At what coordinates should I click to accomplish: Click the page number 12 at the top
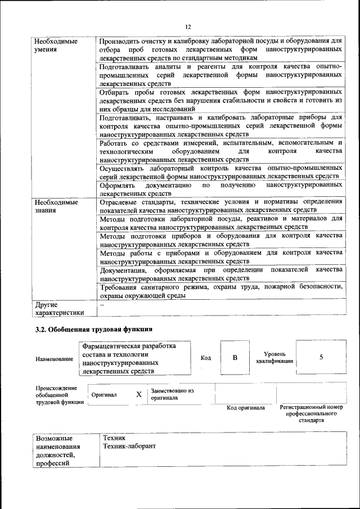pyautogui.click(x=188, y=26)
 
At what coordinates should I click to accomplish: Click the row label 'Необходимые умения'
pyautogui.click(x=56, y=46)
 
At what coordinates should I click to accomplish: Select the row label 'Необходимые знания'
pyautogui.click(x=56, y=206)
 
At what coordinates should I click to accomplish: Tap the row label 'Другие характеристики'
pyautogui.click(x=59, y=308)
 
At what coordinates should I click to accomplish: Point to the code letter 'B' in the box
pyautogui.click(x=235, y=358)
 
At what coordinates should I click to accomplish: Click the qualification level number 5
pyautogui.click(x=321, y=358)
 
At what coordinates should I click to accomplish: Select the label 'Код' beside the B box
pyautogui.click(x=206, y=358)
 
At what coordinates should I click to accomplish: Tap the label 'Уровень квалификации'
pyautogui.click(x=274, y=358)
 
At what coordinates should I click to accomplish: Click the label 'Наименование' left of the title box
pyautogui.click(x=54, y=359)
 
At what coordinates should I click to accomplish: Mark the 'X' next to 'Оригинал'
pyautogui.click(x=139, y=394)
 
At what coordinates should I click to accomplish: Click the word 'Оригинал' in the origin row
pyautogui.click(x=104, y=395)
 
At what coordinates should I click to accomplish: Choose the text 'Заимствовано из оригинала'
pyautogui.click(x=172, y=394)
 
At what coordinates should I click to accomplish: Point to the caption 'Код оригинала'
pyautogui.click(x=246, y=408)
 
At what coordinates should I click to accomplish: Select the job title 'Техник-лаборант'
pyautogui.click(x=129, y=445)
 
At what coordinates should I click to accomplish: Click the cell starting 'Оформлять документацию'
pyautogui.click(x=220, y=189)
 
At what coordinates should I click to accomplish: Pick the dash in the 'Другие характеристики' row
pyautogui.click(x=102, y=304)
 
